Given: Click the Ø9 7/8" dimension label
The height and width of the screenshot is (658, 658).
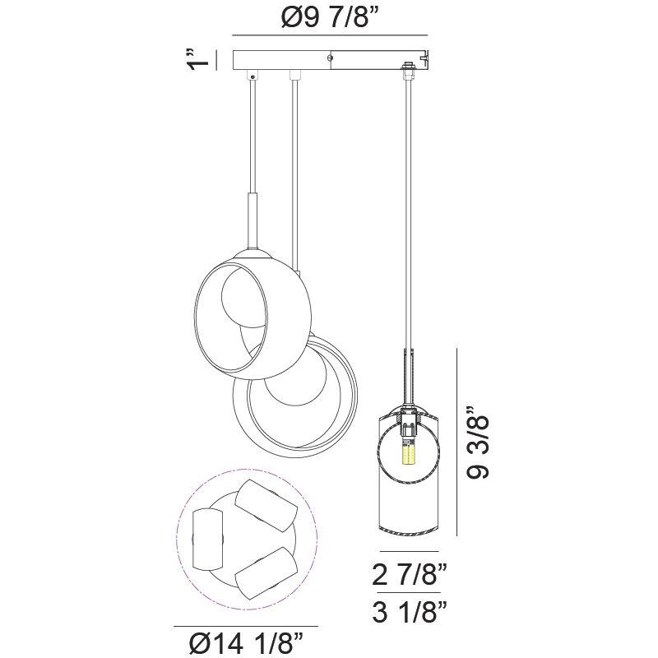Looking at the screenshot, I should pos(330,18).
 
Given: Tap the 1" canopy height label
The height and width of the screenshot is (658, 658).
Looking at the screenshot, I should pos(195,61).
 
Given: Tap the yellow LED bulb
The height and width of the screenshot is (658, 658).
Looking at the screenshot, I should pos(405,454).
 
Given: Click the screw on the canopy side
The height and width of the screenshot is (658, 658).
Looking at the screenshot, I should pos(330,58).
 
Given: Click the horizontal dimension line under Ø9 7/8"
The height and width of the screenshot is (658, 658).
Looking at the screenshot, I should pos(330,35).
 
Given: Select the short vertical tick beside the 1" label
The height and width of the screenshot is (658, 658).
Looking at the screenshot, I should pos(216,61).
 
